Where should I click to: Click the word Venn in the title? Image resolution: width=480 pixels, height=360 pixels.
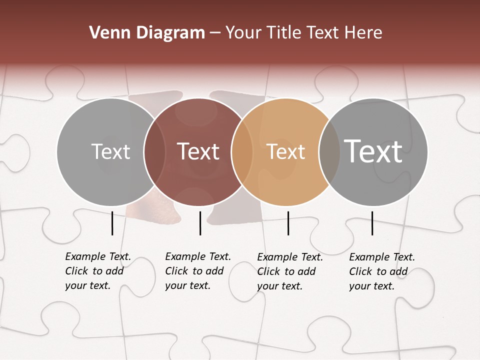[106, 33]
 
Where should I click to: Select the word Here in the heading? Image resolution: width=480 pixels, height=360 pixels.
[364, 33]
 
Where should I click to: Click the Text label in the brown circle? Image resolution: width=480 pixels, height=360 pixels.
[198, 151]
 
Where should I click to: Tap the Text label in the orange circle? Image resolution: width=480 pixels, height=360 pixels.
[286, 151]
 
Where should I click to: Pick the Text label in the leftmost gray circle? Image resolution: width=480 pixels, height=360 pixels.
[111, 151]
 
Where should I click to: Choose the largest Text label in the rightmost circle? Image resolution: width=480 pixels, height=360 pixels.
[373, 151]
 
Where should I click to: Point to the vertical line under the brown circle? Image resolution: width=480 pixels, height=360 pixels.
[200, 223]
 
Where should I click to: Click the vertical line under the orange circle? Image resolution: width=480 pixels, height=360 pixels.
[288, 223]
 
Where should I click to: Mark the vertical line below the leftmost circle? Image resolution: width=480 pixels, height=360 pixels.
[112, 223]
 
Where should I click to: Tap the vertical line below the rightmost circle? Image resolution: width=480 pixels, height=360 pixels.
[372, 223]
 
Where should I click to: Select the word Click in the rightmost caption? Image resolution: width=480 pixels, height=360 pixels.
[361, 271]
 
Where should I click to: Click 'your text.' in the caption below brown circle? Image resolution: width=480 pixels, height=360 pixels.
[187, 286]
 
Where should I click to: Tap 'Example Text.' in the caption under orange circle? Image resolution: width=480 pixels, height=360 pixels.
[290, 257]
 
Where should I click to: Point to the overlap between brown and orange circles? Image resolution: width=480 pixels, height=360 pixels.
[242, 151]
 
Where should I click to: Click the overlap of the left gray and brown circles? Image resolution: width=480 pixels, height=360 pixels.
[154, 151]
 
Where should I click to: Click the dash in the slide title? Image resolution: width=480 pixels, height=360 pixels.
[215, 33]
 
